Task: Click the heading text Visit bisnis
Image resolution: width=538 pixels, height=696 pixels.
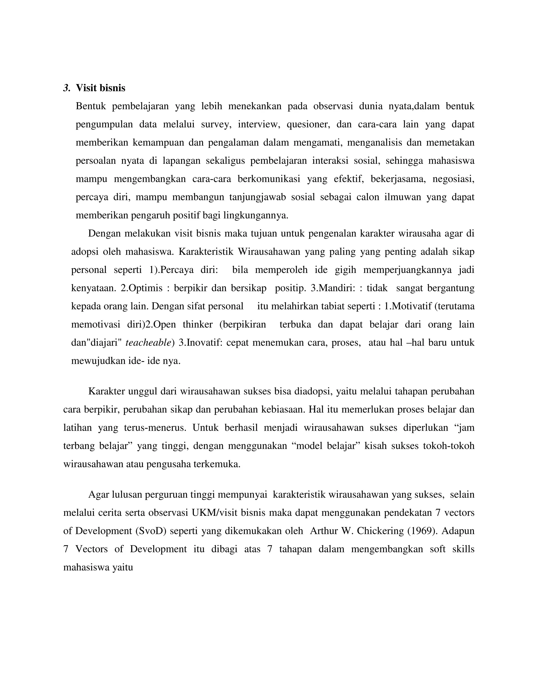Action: [100, 88]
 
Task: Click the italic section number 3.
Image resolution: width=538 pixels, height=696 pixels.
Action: [66, 88]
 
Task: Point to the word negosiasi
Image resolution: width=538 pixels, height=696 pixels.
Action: [453, 179]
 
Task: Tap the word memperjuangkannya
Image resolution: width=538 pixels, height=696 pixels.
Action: [407, 270]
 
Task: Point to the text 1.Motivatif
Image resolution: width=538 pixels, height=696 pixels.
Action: [407, 306]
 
